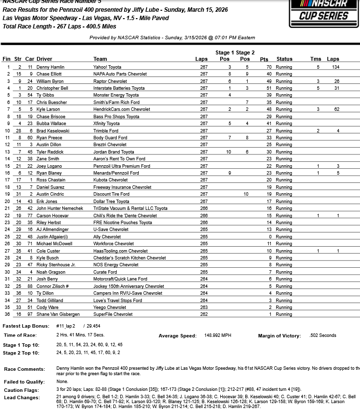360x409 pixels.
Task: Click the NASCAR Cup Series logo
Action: point(323,13)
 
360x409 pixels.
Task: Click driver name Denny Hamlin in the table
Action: point(50,67)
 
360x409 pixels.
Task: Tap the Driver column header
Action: point(44,59)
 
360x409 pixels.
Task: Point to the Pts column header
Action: point(264,59)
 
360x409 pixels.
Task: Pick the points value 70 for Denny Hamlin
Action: point(269,67)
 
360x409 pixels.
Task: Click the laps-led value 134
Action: point(335,67)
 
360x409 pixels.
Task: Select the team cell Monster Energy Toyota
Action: point(116,95)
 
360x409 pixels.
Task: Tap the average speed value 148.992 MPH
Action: point(217,336)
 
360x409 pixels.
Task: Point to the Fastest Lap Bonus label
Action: point(26,326)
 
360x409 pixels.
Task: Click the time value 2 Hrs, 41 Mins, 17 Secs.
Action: point(80,335)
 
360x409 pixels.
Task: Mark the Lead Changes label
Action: point(20,398)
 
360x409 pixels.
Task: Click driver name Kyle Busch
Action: point(48,258)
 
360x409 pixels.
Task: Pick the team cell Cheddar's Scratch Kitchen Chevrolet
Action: point(129,258)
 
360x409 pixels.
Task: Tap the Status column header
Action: point(284,59)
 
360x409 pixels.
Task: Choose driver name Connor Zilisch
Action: point(52,286)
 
